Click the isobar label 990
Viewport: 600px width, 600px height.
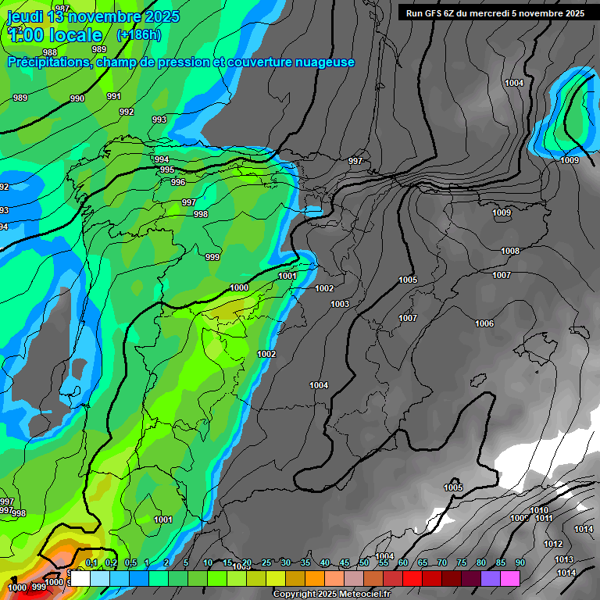pyautogui.click(x=77, y=98)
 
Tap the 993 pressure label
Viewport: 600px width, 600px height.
pyautogui.click(x=159, y=120)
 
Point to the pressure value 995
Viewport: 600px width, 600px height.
pyautogui.click(x=167, y=170)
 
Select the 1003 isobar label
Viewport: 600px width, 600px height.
pyautogui.click(x=340, y=304)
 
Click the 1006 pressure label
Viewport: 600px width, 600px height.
pyautogui.click(x=484, y=323)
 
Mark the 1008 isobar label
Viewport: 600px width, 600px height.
pyautogui.click(x=510, y=251)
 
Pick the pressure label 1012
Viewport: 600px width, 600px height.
pyautogui.click(x=553, y=544)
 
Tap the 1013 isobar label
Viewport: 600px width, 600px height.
pyautogui.click(x=564, y=559)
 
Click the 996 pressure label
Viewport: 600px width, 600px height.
pyautogui.click(x=178, y=182)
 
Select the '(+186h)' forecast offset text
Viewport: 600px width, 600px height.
pyautogui.click(x=138, y=34)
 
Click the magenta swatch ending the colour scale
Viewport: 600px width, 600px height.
pyautogui.click(x=510, y=578)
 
